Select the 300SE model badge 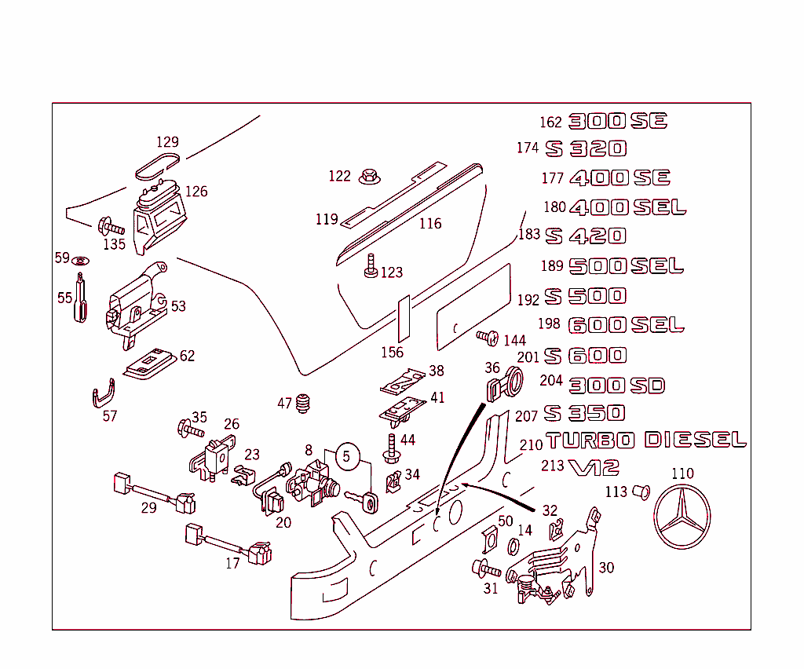point(617,121)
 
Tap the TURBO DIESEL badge point(645,441)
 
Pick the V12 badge point(594,468)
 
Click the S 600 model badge point(586,356)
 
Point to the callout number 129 point(167,142)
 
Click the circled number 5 point(348,455)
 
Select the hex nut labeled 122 point(367,177)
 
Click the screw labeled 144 point(487,338)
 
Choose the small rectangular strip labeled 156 point(404,320)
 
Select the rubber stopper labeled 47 point(305,404)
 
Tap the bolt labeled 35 point(189,429)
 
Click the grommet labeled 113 point(641,492)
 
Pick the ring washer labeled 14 point(513,547)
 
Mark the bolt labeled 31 point(485,568)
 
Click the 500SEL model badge point(626,266)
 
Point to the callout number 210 point(531,444)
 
